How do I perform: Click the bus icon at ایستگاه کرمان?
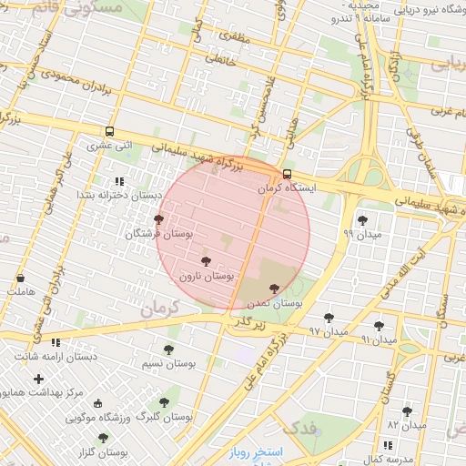[288, 174]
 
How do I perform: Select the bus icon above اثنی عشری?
[110, 131]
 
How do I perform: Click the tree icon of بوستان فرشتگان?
[159, 220]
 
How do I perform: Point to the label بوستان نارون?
[207, 275]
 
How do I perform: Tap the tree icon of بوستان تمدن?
[274, 288]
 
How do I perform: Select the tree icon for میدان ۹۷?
[329, 318]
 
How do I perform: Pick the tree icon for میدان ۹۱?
[379, 325]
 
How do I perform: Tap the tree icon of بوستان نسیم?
[168, 349]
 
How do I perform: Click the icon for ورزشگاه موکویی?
[98, 404]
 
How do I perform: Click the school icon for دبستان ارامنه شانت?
[56, 343]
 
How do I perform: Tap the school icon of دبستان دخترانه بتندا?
[119, 181]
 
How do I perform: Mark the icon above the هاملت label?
[20, 279]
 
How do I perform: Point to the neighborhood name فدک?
[301, 427]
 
